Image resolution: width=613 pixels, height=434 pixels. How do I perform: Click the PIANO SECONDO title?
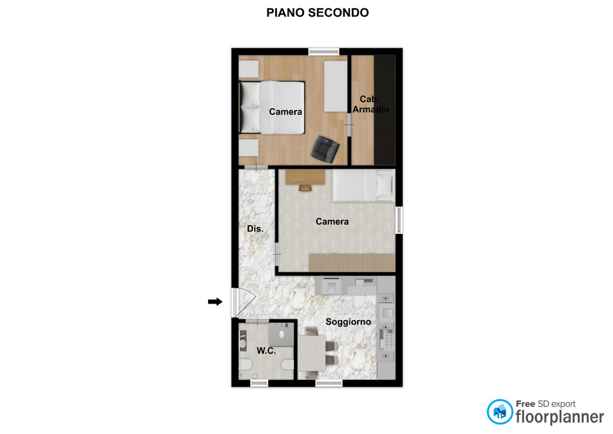tap(317, 13)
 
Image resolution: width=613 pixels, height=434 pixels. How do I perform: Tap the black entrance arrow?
tap(215, 301)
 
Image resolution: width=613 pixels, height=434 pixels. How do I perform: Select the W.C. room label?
tap(266, 351)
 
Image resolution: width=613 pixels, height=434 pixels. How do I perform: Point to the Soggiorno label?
tap(348, 322)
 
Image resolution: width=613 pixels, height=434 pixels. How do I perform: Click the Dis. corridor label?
tap(255, 229)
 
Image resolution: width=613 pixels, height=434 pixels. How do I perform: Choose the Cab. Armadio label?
tap(370, 104)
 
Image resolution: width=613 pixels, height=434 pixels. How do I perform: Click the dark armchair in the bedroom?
tap(325, 149)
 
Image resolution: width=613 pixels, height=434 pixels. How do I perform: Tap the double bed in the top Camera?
tap(272, 107)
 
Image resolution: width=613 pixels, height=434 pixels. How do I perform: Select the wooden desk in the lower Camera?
tap(305, 177)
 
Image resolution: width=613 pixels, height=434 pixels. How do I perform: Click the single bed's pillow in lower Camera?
tap(384, 185)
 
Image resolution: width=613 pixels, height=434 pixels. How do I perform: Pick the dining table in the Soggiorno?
tap(312, 353)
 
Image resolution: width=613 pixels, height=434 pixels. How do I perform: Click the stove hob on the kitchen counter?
tap(387, 339)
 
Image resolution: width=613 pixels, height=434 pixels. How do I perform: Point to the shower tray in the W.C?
tap(281, 334)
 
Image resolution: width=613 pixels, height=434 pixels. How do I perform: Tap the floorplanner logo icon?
tap(499, 412)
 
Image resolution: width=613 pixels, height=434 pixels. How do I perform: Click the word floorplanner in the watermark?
tap(559, 417)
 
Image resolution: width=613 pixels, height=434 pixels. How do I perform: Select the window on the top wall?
tap(324, 51)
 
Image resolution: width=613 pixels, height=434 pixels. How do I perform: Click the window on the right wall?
tap(399, 221)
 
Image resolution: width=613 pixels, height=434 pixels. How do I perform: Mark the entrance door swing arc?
tap(250, 299)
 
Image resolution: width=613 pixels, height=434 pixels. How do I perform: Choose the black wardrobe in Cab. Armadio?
tap(384, 110)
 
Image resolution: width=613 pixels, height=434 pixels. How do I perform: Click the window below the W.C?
tap(259, 383)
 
